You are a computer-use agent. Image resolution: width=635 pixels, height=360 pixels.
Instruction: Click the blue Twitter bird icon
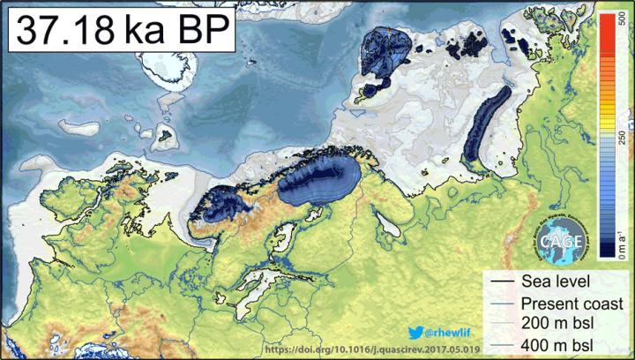[x=415, y=332]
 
